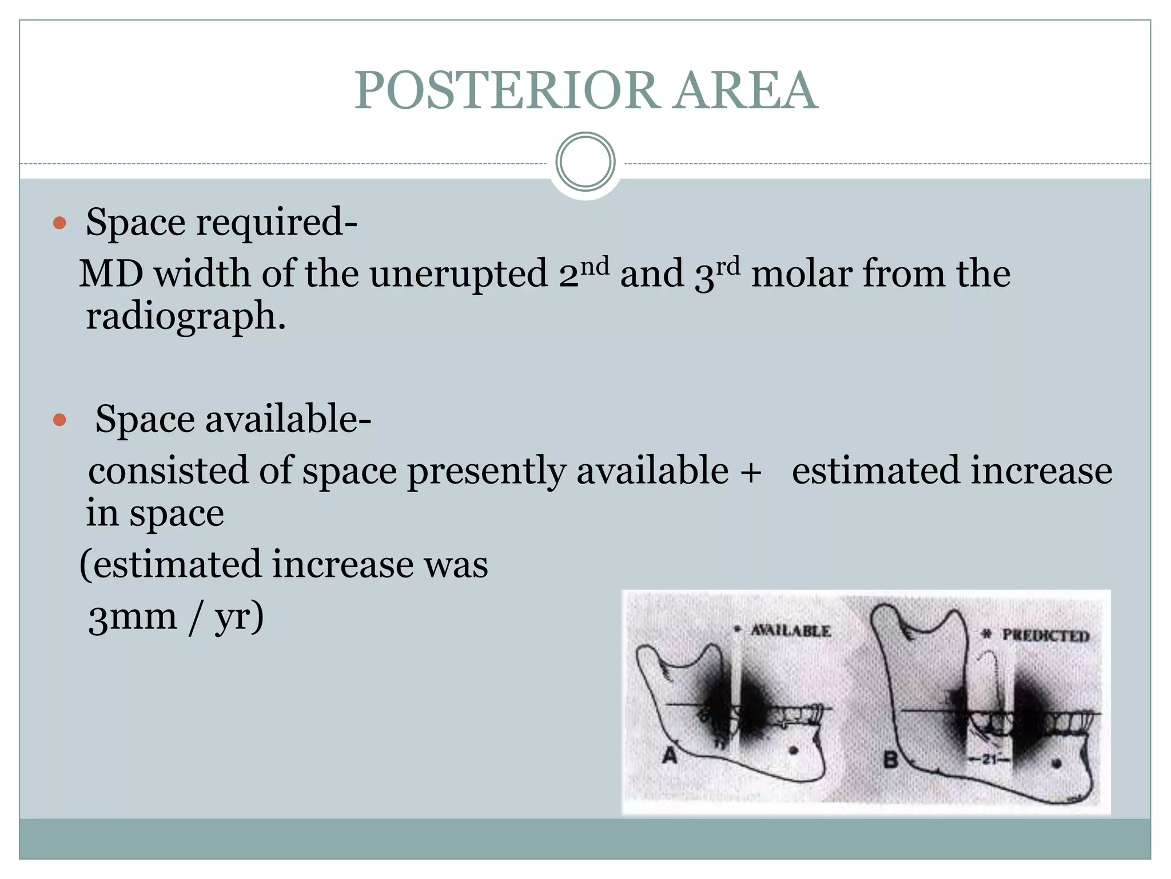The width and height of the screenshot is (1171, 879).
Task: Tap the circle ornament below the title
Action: tap(585, 162)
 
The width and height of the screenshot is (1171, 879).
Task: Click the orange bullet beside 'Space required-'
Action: tap(59, 223)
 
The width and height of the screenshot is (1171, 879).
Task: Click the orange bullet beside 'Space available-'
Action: tap(59, 421)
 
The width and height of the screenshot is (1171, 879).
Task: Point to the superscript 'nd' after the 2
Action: tap(595, 266)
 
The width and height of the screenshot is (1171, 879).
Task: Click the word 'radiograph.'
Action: tap(185, 316)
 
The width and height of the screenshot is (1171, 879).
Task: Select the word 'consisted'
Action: tap(168, 472)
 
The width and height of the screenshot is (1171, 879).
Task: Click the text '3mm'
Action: tap(133, 617)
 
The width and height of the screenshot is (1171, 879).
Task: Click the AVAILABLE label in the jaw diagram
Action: tap(790, 631)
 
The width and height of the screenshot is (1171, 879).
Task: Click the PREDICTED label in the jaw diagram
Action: tap(1045, 635)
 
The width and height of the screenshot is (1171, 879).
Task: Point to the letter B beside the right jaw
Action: tap(891, 759)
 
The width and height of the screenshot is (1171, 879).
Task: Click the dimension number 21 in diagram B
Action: tap(990, 759)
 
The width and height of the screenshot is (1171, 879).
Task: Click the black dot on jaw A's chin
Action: tap(793, 750)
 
